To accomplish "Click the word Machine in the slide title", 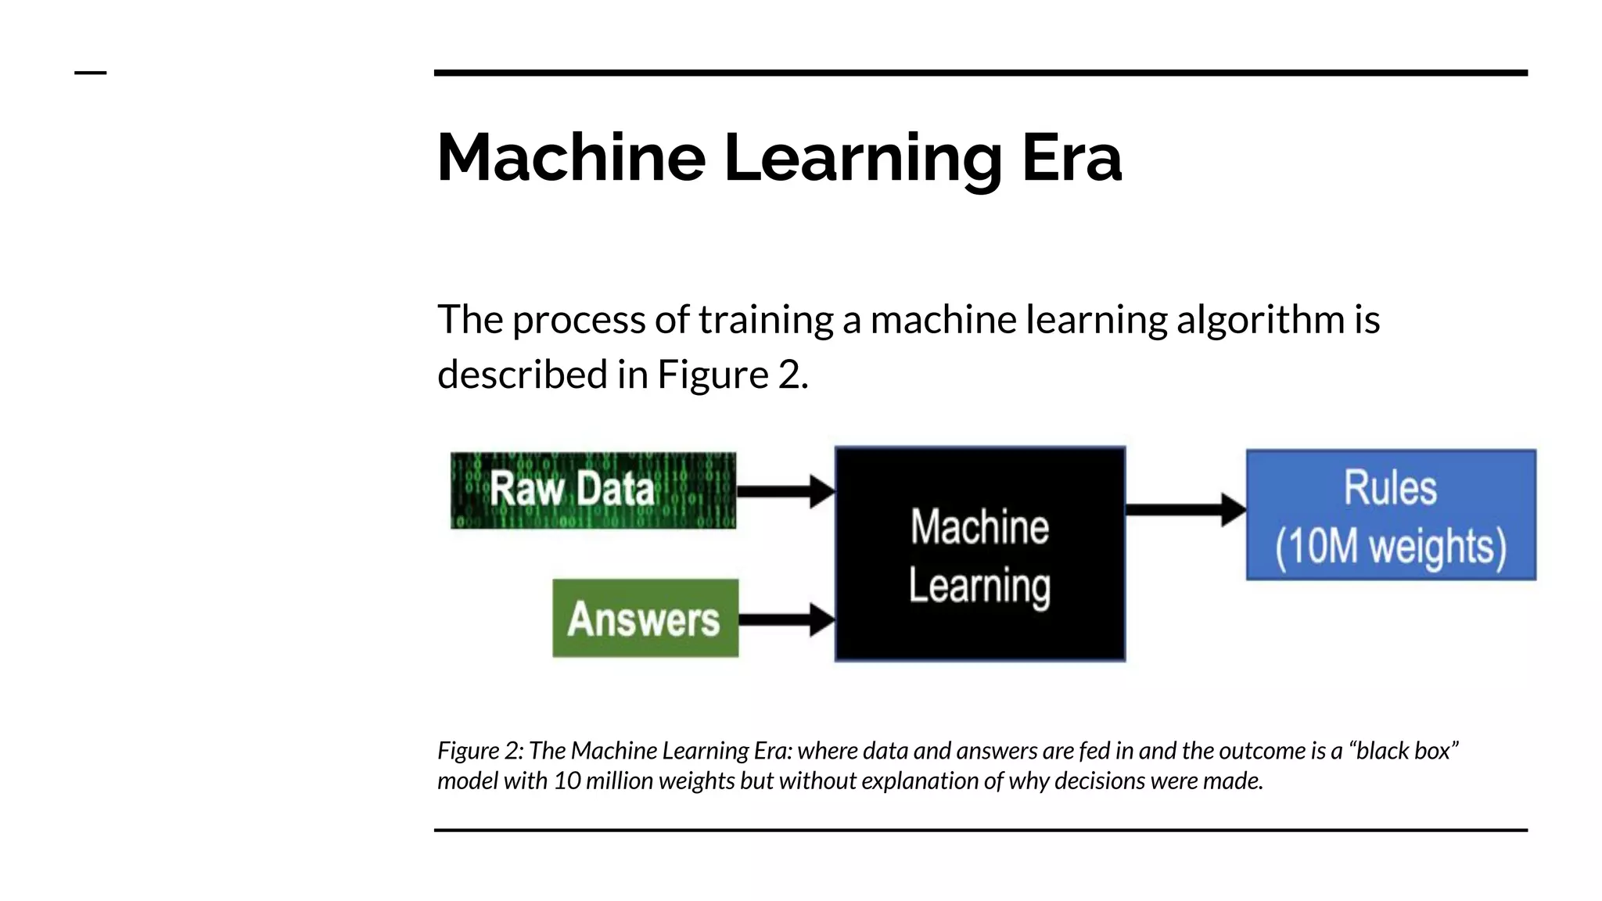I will pyautogui.click(x=571, y=158).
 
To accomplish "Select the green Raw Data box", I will pyautogui.click(x=593, y=490).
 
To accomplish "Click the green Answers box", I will pyautogui.click(x=645, y=619).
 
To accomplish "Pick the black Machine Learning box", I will pyautogui.click(x=979, y=555).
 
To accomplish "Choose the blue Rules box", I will pyautogui.click(x=1390, y=515).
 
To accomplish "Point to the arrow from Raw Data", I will pyautogui.click(x=785, y=491).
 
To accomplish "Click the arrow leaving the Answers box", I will pyautogui.click(x=785, y=619).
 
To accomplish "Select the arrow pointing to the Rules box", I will pyautogui.click(x=1184, y=510).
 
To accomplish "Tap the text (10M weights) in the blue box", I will pyautogui.click(x=1390, y=546).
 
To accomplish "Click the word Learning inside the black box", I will pyautogui.click(x=979, y=586).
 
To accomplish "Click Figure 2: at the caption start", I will pyautogui.click(x=480, y=751).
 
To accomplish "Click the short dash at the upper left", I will pyautogui.click(x=90, y=73).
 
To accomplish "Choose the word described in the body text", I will pyautogui.click(x=522, y=375).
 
